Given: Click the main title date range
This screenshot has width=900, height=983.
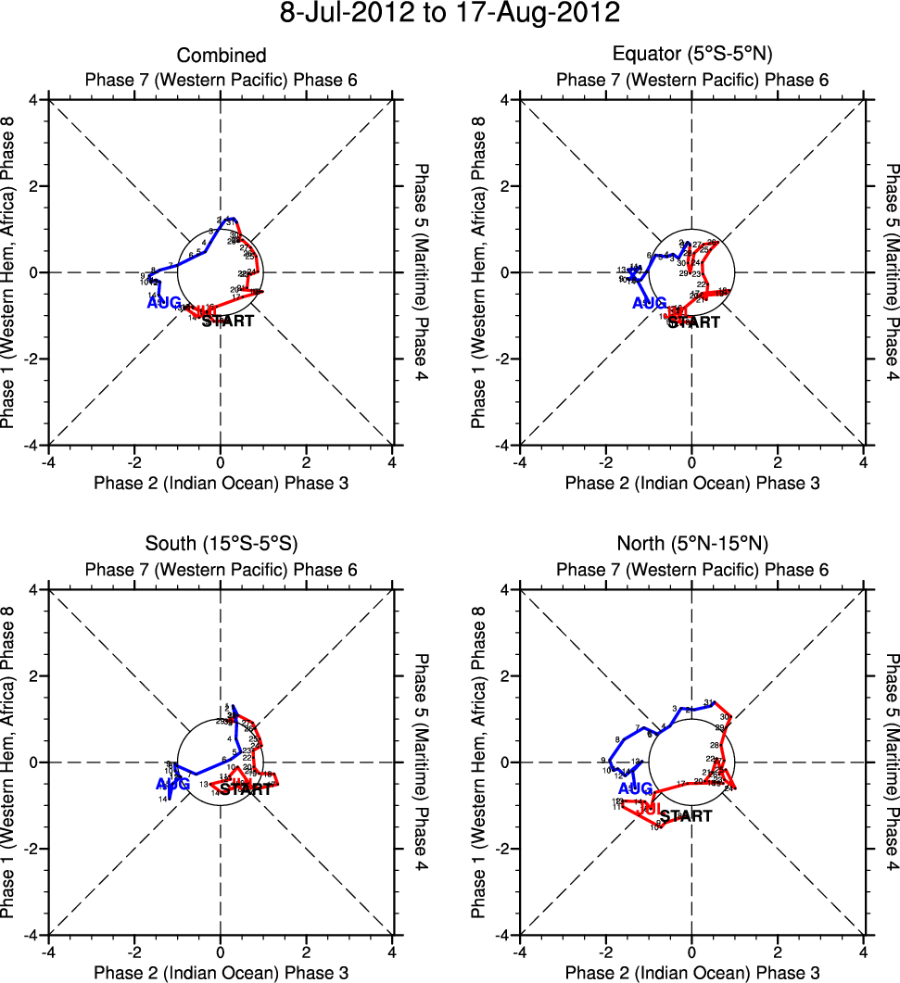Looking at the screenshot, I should pyautogui.click(x=450, y=15).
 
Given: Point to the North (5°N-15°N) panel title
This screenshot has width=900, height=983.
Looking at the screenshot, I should pyautogui.click(x=692, y=543).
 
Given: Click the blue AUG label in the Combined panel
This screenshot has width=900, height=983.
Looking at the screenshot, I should pyautogui.click(x=163, y=303).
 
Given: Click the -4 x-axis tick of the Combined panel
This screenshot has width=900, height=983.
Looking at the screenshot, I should pyautogui.click(x=48, y=460).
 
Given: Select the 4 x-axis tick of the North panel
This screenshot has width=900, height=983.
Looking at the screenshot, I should pyautogui.click(x=864, y=951).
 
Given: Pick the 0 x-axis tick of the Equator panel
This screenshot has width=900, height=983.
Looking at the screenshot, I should pyautogui.click(x=692, y=460).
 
